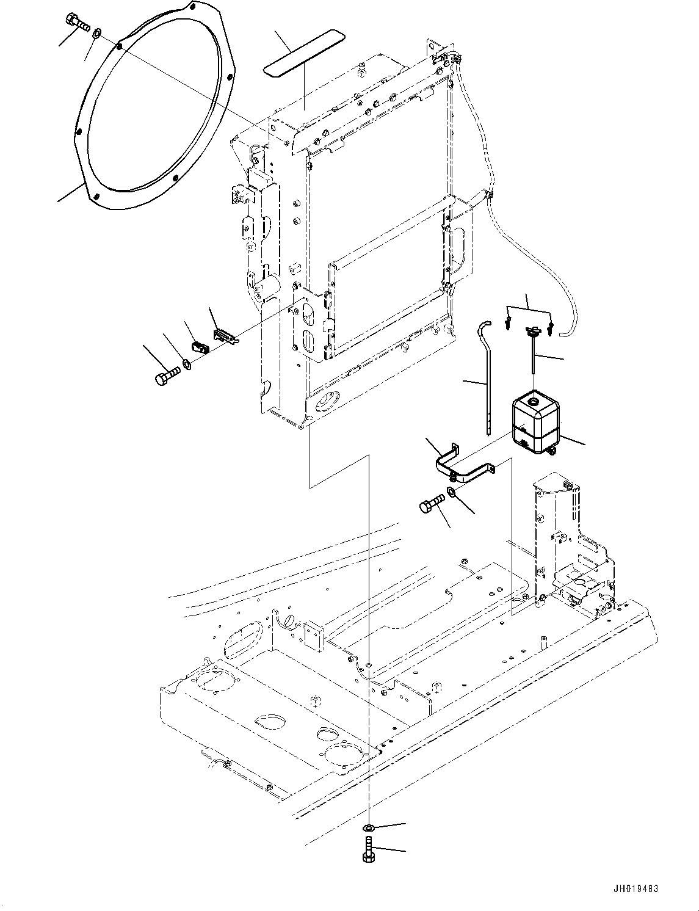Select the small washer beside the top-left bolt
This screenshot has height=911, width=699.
tap(97, 32)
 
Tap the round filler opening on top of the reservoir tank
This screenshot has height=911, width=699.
tap(533, 402)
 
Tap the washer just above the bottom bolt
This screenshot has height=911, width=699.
tap(369, 827)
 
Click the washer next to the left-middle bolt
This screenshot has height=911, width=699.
tap(187, 365)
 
